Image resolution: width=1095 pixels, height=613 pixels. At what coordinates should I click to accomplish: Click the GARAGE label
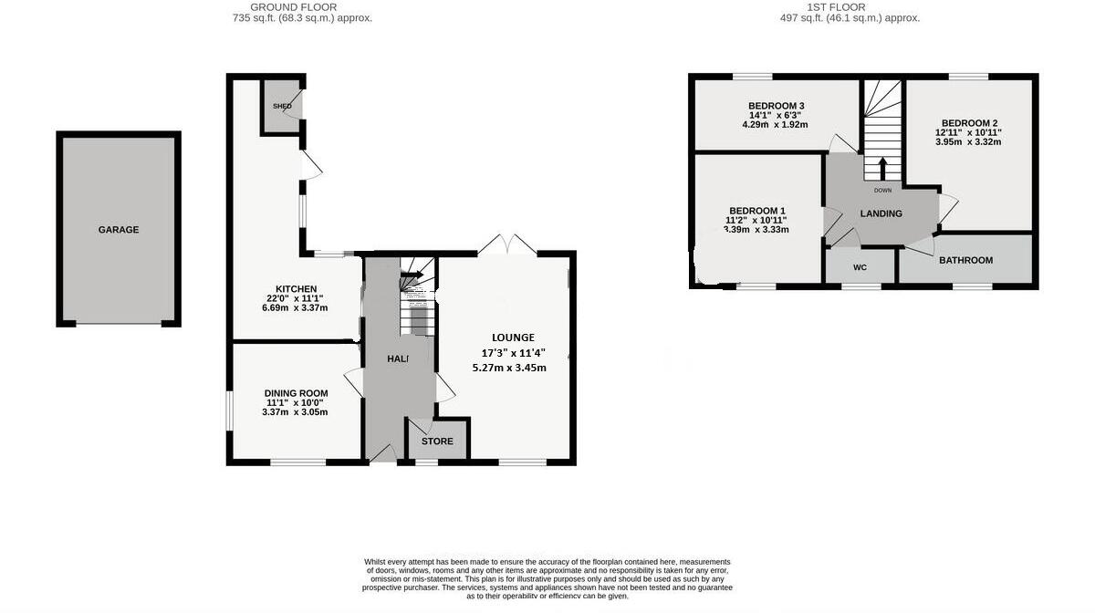point(119,230)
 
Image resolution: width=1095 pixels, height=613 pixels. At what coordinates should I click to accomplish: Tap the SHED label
point(282,107)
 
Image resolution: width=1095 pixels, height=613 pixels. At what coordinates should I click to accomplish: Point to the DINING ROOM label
point(297,393)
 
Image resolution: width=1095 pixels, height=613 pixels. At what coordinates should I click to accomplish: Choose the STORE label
point(437,442)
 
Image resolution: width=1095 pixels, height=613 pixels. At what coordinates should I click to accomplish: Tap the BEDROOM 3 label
point(777,106)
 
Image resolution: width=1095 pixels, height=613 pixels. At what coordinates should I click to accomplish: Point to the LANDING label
point(881,213)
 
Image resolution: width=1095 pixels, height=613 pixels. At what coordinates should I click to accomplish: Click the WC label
point(860,267)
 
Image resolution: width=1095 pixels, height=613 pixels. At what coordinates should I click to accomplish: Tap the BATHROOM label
point(965,261)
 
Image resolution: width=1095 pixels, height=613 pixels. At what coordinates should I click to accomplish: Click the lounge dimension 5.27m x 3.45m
point(509,369)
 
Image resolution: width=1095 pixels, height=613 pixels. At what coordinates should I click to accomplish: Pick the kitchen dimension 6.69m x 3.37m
point(295,307)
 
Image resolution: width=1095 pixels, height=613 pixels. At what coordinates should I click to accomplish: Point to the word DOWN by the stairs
point(882,191)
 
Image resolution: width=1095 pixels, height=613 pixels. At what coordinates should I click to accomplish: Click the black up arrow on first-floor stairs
point(882,170)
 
